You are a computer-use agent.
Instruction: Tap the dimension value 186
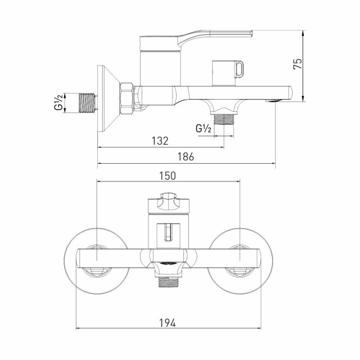point(186,156)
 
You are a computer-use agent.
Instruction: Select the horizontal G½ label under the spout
point(204,128)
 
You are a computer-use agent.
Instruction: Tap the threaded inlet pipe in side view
point(89,102)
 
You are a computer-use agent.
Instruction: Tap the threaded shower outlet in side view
point(226,117)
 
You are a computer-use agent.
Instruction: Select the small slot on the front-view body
point(167,232)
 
